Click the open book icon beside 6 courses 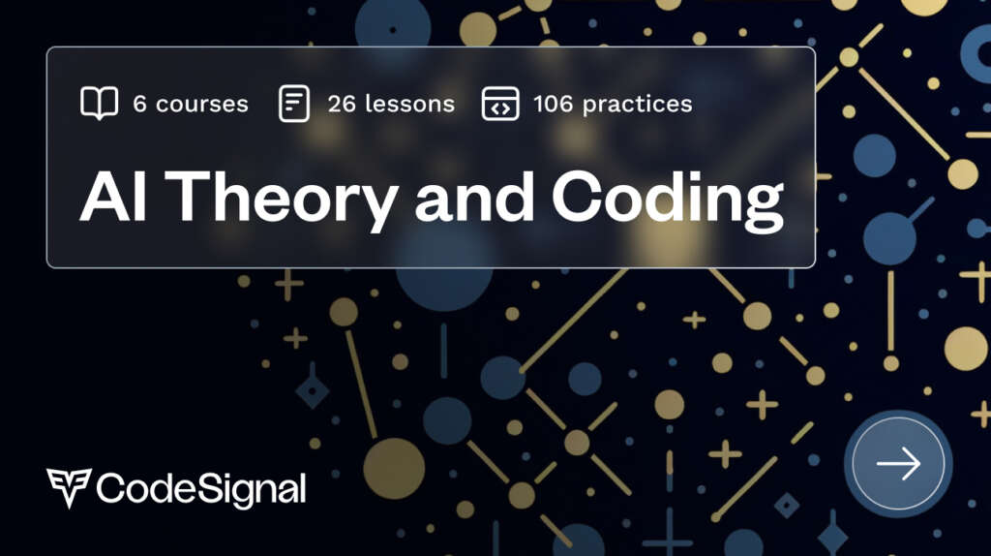point(100,103)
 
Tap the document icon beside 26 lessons point(294,103)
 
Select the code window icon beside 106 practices point(500,103)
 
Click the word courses point(201,104)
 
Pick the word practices point(637,105)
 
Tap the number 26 point(342,103)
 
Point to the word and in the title point(474,197)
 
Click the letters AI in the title point(113,197)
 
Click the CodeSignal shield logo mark point(69,487)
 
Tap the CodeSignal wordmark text point(201,489)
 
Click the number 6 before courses point(139,103)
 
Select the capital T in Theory point(191,197)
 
